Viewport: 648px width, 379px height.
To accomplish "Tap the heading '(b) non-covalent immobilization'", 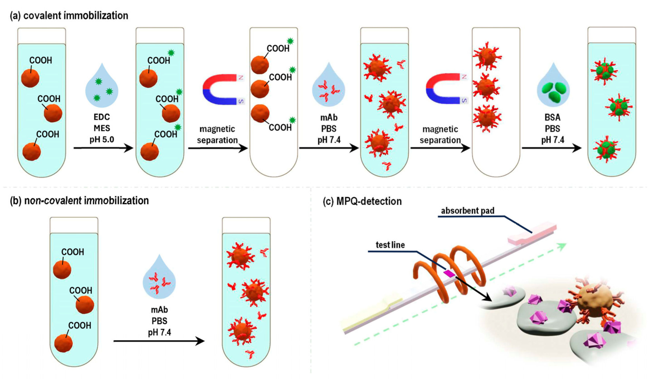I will pyautogui.click(x=79, y=200).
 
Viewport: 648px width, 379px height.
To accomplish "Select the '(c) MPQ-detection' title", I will pyautogui.click(x=362, y=201).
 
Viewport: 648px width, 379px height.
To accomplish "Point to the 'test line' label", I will pyautogui.click(x=390, y=245).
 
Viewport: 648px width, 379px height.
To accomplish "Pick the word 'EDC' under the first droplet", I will pyautogui.click(x=102, y=117).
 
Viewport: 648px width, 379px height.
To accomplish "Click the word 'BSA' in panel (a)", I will pyautogui.click(x=552, y=117).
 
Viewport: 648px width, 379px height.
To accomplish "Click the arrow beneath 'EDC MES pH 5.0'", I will pyautogui.click(x=103, y=148).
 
